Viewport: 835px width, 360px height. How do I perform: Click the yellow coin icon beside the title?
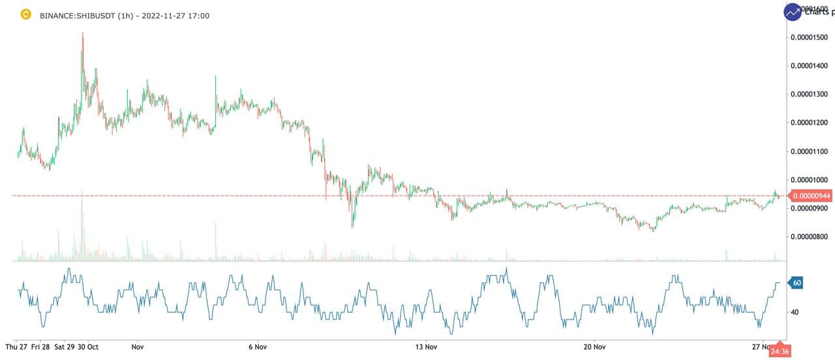(x=26, y=14)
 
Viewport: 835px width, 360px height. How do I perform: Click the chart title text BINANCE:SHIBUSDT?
(x=78, y=14)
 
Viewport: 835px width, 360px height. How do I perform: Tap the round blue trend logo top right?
(x=793, y=12)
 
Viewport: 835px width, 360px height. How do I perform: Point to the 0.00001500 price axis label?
(x=809, y=37)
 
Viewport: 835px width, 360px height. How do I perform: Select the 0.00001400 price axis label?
(x=809, y=66)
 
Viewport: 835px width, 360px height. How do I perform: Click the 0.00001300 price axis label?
(x=809, y=94)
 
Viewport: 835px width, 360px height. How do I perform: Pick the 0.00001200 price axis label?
(x=809, y=123)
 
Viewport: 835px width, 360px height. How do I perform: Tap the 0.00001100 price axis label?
(x=809, y=151)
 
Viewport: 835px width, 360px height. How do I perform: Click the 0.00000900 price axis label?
(x=809, y=208)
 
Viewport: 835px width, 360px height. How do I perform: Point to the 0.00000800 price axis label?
(x=809, y=237)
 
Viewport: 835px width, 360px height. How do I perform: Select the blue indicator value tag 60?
(x=797, y=283)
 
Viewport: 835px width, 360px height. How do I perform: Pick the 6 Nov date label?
(x=258, y=347)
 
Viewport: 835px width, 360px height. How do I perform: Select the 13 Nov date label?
(x=427, y=347)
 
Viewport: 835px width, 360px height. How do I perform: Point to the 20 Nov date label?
(x=595, y=347)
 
